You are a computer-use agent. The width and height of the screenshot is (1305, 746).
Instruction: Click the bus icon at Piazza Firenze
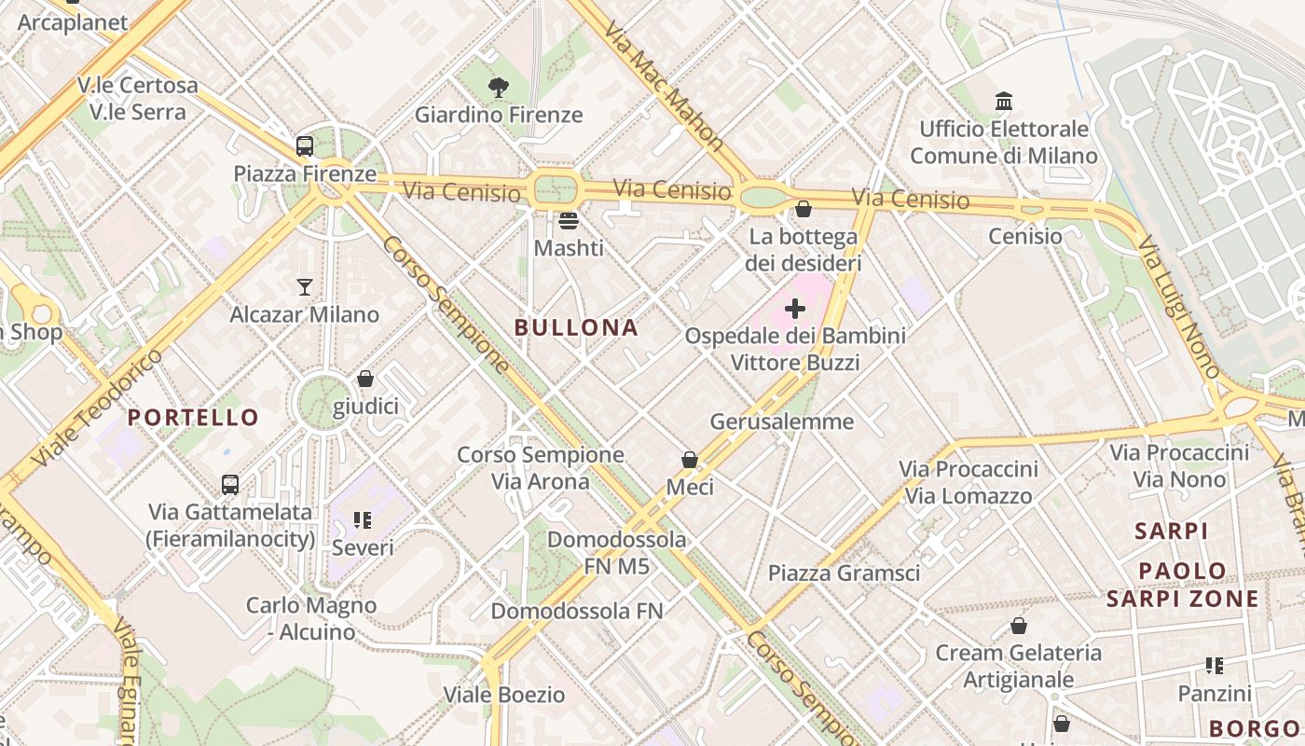(x=305, y=146)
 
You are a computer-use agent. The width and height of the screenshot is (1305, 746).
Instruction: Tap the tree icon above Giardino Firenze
(x=499, y=88)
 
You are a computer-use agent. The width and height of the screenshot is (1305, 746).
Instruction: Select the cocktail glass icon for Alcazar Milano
(x=305, y=286)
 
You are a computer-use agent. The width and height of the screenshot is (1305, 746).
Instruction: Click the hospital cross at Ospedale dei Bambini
(x=795, y=309)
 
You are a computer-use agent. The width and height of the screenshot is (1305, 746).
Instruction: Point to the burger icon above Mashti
(x=569, y=221)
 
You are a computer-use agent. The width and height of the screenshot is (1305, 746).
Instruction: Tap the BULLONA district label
(x=576, y=327)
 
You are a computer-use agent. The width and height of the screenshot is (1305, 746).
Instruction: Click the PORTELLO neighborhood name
(x=193, y=417)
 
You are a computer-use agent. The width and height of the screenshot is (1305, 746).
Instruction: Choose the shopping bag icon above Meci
(x=690, y=460)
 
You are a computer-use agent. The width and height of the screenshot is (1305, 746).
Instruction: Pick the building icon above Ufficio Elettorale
(x=1004, y=101)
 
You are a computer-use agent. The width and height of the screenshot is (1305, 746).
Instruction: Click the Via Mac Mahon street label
(x=663, y=85)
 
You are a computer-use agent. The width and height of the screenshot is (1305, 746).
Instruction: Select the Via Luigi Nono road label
(x=1178, y=307)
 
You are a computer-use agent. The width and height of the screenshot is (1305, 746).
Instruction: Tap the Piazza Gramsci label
(x=844, y=573)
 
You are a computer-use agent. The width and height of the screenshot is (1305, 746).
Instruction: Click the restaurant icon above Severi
(x=363, y=520)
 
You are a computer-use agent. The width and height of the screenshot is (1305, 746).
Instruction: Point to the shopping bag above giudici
(x=365, y=379)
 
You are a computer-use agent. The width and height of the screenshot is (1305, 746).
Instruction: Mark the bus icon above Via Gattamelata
(x=230, y=485)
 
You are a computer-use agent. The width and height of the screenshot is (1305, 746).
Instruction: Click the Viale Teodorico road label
(x=95, y=409)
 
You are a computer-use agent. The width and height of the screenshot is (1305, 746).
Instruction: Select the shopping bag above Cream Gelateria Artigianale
(x=1019, y=626)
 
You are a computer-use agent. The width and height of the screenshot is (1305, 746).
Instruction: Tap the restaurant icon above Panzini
(x=1215, y=666)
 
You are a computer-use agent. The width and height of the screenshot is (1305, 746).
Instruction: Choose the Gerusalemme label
(x=782, y=421)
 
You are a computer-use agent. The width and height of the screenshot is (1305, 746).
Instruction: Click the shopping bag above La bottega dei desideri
(x=804, y=209)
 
